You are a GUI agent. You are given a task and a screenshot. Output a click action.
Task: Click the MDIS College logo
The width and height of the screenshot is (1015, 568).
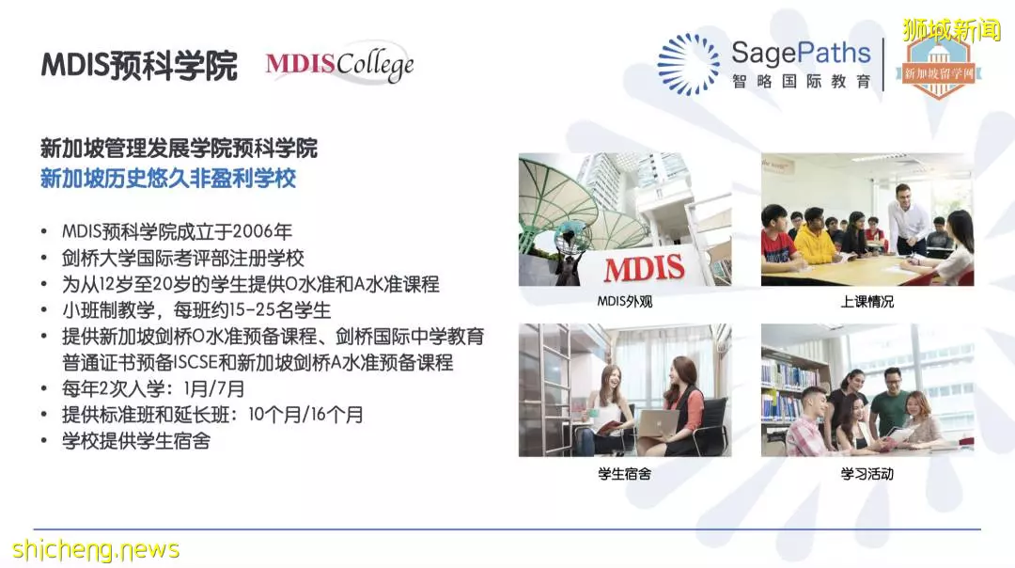pyautogui.click(x=339, y=63)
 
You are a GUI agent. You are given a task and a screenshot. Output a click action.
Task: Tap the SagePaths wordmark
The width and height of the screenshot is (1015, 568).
pyautogui.click(x=801, y=53)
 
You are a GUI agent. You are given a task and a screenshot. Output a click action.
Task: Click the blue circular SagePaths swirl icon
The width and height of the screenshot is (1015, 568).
pyautogui.click(x=688, y=64)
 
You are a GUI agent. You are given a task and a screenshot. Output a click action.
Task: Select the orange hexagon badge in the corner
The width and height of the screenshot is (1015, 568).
pyautogui.click(x=938, y=69)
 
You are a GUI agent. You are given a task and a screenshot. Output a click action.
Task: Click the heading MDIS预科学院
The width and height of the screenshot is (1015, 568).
pyautogui.click(x=139, y=66)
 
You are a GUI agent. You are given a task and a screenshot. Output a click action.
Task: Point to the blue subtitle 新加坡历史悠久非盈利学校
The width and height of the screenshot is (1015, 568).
pyautogui.click(x=168, y=178)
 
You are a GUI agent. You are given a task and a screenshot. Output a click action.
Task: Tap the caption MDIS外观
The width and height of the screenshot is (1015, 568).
pyautogui.click(x=625, y=301)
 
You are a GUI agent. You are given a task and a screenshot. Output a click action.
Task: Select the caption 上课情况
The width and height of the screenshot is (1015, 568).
pyautogui.click(x=867, y=301)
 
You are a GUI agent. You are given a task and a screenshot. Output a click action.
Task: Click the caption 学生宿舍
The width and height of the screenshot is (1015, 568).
pyautogui.click(x=625, y=473)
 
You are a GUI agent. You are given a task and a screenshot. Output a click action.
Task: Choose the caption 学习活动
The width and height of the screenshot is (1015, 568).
pyautogui.click(x=867, y=473)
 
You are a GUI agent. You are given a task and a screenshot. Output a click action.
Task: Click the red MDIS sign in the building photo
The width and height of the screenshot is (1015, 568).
pyautogui.click(x=644, y=268)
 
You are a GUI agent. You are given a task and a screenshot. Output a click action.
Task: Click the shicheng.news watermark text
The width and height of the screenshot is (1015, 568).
pyautogui.click(x=96, y=549)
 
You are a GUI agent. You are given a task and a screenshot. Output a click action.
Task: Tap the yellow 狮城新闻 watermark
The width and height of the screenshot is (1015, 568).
pyautogui.click(x=951, y=30)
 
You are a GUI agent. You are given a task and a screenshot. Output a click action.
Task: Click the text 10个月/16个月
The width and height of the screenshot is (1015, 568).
pyautogui.click(x=305, y=414)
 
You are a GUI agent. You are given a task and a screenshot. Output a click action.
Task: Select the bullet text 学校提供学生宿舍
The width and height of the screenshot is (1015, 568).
pyautogui.click(x=136, y=441)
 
